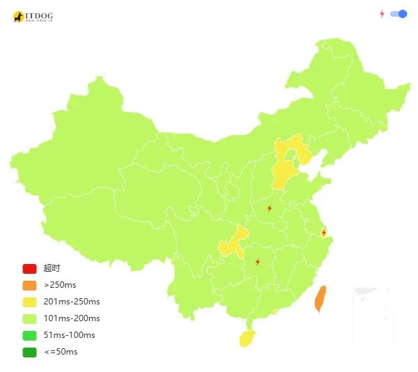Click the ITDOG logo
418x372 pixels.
(x=33, y=16)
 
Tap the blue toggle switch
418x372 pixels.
(x=398, y=13)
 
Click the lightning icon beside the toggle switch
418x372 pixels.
(x=382, y=13)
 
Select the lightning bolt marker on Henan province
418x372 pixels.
(x=270, y=208)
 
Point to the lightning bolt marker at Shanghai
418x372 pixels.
(x=323, y=233)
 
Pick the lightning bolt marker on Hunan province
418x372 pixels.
(x=258, y=262)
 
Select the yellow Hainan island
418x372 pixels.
(x=247, y=339)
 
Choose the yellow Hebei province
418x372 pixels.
(x=284, y=171)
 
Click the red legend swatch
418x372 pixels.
(x=29, y=268)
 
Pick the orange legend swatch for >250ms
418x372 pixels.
(x=29, y=285)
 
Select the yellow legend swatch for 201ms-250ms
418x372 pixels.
(x=29, y=302)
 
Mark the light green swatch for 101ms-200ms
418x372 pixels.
(x=29, y=318)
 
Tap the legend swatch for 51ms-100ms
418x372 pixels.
(x=29, y=335)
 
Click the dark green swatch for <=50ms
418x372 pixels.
(x=29, y=352)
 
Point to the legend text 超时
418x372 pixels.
(x=52, y=268)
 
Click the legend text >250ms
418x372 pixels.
(x=60, y=285)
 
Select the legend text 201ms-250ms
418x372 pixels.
(x=72, y=302)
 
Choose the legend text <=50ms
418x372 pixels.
(x=61, y=352)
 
